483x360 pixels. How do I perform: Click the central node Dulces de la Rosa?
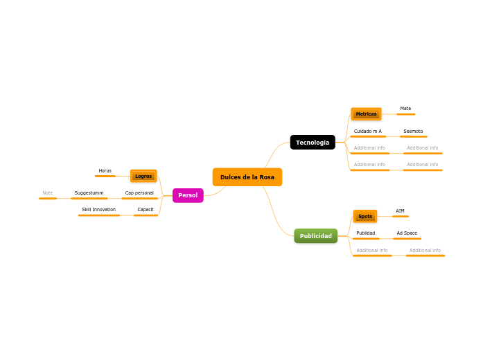[x=247, y=177]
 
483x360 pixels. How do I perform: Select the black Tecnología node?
[x=313, y=143]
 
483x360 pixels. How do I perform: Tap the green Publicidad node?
[x=315, y=236]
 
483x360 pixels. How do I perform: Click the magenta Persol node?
[x=188, y=195]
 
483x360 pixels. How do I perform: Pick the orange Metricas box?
[x=366, y=114]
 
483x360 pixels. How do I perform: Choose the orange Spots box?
[x=365, y=216]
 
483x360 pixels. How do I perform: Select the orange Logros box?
[x=143, y=176]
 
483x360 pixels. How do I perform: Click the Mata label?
[x=405, y=109]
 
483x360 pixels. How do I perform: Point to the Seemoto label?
[x=413, y=132]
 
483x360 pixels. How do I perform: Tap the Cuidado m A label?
[x=367, y=132]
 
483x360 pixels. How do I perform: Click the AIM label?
[x=400, y=211]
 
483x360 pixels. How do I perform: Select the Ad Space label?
[x=407, y=233]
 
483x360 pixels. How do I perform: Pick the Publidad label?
[x=365, y=233]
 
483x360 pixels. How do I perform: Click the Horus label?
[x=105, y=171]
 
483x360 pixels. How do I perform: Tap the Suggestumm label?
[x=89, y=193]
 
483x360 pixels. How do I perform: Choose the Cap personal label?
[x=139, y=193]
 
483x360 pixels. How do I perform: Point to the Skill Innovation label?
[x=98, y=210]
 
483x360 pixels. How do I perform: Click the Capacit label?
[x=146, y=210]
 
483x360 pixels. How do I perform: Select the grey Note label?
[x=48, y=193]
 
